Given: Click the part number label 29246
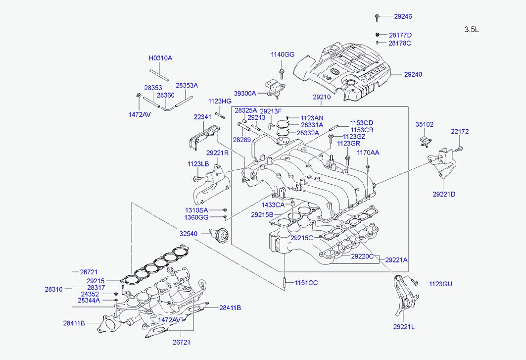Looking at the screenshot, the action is tap(403, 16).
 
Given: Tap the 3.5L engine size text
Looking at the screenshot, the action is tap(472, 30).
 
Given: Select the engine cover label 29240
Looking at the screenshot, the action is tap(413, 75).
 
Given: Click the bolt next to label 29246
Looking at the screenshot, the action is tap(377, 17).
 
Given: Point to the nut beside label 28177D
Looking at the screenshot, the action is tap(377, 35).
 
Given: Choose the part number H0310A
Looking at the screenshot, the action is tap(160, 58).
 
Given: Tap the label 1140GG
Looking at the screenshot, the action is tap(283, 54).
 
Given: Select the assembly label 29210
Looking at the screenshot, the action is tap(322, 97).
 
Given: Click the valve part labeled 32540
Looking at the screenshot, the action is tap(220, 234).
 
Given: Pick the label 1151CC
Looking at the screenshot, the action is tap(306, 283).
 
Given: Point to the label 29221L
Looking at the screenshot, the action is tap(404, 327).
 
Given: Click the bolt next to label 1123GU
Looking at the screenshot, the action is tap(414, 283).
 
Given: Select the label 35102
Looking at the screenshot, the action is tap(425, 125).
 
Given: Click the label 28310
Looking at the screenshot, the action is tap(53, 289).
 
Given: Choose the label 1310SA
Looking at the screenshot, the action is tap(196, 210).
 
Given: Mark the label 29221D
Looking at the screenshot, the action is tap(444, 195).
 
